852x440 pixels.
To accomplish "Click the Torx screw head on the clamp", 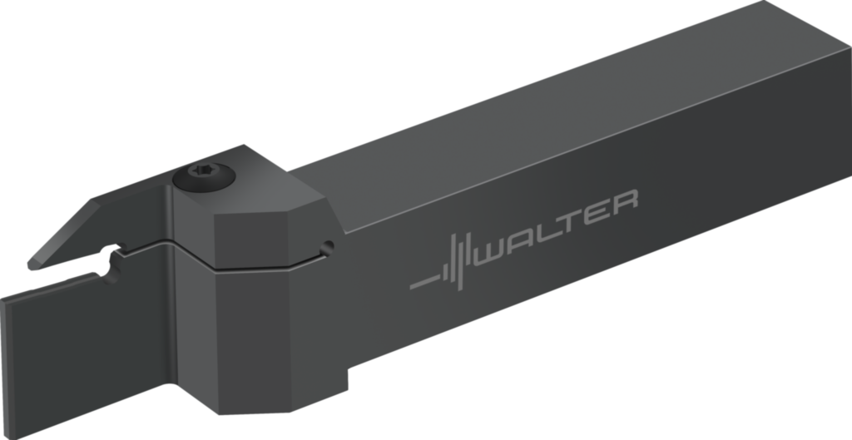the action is click(x=204, y=176).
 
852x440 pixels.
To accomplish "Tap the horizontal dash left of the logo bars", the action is click(x=425, y=282).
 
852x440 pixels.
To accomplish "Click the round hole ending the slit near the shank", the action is click(x=327, y=248).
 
